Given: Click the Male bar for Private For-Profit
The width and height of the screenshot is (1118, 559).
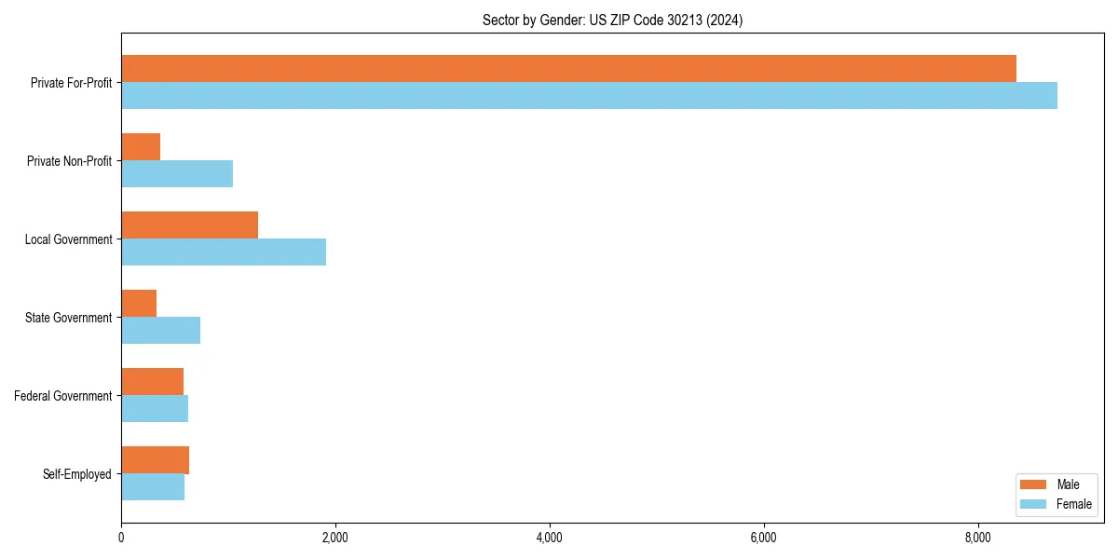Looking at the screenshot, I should [x=568, y=69].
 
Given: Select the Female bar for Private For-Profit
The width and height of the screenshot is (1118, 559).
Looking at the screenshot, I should [x=589, y=96].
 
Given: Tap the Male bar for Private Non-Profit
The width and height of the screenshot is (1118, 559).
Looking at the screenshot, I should [x=141, y=147].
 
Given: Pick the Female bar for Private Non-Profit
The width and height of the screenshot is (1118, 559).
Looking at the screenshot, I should [x=177, y=174].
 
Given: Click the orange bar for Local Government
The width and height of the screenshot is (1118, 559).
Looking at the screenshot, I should [x=189, y=225].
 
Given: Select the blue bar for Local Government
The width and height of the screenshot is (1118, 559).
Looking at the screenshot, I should [x=224, y=252].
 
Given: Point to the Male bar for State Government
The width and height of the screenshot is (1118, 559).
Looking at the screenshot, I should [x=139, y=304].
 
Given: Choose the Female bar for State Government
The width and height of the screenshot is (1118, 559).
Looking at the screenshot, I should [x=160, y=331].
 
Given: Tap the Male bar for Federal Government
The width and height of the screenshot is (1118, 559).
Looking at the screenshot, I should [x=152, y=382].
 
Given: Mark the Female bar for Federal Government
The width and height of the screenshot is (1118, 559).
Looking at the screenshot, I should [x=155, y=409].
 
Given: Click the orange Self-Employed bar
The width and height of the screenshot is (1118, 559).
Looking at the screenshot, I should [x=155, y=460].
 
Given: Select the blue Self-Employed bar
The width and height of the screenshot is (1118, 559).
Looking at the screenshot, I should [x=153, y=487].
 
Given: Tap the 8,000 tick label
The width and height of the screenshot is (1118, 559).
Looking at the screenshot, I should [x=978, y=538].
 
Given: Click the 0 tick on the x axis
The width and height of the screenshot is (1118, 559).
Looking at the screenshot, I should [x=121, y=538].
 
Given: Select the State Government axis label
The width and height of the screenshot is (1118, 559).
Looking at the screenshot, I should [x=69, y=318].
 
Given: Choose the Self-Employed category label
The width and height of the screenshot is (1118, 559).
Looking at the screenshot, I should [x=77, y=474].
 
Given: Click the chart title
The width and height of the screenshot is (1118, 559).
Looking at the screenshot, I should [x=612, y=20].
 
